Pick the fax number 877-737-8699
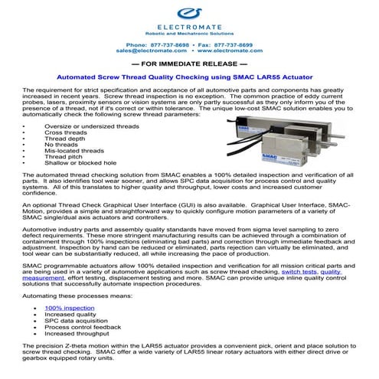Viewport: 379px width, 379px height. click(227, 46)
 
